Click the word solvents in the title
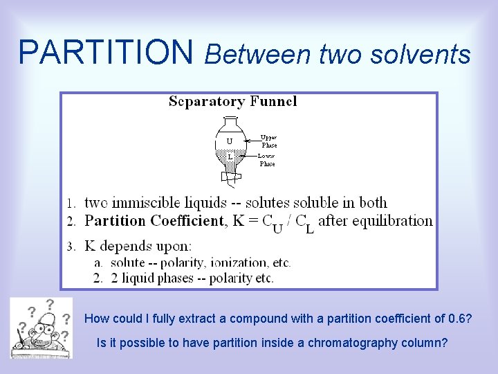point(429,53)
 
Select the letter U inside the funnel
point(230,141)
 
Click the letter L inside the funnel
point(230,157)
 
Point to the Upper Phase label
point(268,141)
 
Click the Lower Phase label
point(267,160)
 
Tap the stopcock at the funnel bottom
point(232,178)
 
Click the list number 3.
point(71,246)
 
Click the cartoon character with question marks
point(41,328)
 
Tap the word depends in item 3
point(125,245)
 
